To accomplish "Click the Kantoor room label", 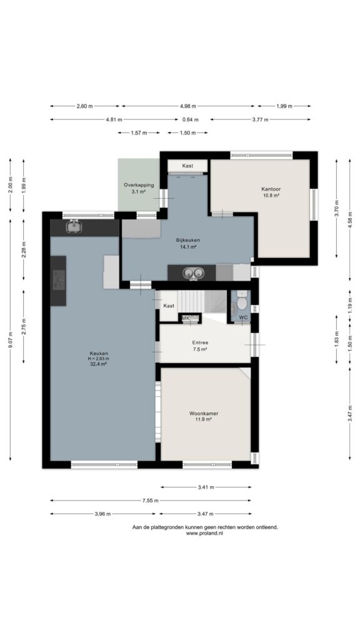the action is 271,189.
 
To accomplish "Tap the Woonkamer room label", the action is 204,413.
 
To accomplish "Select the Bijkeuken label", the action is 187,240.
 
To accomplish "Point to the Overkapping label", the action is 139,185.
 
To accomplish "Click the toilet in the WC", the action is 241,301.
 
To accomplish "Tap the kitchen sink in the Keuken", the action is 74,226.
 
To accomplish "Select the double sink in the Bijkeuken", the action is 192,273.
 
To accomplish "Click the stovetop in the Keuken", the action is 59,280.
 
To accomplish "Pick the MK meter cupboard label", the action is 186,318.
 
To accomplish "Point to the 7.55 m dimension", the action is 150,501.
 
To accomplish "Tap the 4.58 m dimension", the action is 350,219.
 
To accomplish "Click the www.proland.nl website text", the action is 205,533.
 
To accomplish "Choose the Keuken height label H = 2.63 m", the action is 98,359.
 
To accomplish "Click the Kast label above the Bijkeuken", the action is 187,166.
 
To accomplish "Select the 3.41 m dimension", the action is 206,487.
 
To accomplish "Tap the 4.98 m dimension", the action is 187,106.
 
